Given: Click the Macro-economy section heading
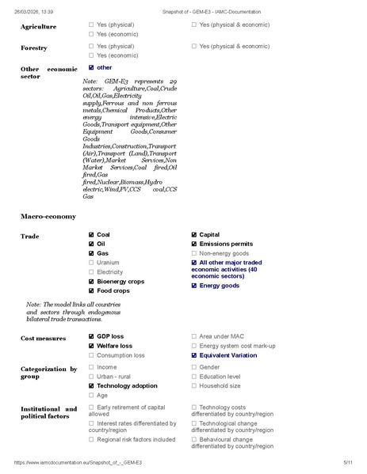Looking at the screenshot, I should (x=48, y=216).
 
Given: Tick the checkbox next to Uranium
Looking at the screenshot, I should (x=91, y=263).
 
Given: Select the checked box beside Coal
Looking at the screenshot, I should (x=91, y=235).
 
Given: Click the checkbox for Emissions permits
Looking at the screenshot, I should (x=194, y=245).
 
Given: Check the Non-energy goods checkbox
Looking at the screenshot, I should (x=194, y=253).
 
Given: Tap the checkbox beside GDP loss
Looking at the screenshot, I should (x=91, y=337).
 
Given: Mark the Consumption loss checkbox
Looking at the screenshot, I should (x=91, y=355).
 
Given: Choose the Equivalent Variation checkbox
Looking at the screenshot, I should (x=194, y=355).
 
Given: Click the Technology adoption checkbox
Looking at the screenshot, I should (x=91, y=385).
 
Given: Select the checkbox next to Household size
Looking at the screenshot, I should (x=194, y=385).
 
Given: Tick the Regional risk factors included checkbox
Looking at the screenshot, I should (x=91, y=439).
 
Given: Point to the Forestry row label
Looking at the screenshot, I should (x=34, y=47).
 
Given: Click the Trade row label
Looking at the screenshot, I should (x=29, y=236).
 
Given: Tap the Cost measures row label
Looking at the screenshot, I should (x=44, y=338).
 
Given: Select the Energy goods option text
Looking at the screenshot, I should (x=219, y=286).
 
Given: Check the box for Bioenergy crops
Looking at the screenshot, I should (x=91, y=281).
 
